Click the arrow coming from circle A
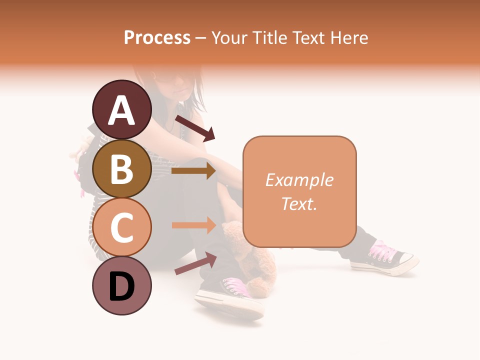pos(195,127)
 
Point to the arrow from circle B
pos(193,171)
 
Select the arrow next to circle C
pos(193,225)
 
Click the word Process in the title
pos(157,37)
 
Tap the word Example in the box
pos(299,180)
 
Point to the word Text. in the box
pos(299,203)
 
